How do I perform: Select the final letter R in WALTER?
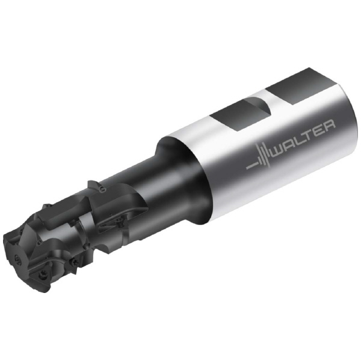[x=330, y=126]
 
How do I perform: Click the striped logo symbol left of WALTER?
[x=259, y=158]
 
